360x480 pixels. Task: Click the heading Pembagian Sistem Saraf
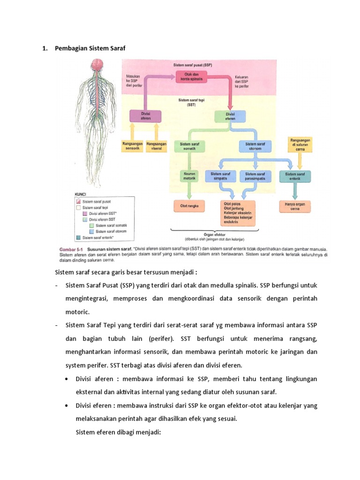pos(90,48)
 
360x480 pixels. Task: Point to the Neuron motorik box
pos(188,175)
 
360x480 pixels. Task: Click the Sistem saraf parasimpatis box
pos(256,176)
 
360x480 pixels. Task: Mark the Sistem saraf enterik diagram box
pos(294,176)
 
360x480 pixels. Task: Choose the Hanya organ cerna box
pos(295,207)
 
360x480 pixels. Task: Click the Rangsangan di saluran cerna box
pos(300,145)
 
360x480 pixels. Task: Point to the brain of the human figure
pos(97,65)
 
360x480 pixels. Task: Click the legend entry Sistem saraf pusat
pos(97,202)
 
